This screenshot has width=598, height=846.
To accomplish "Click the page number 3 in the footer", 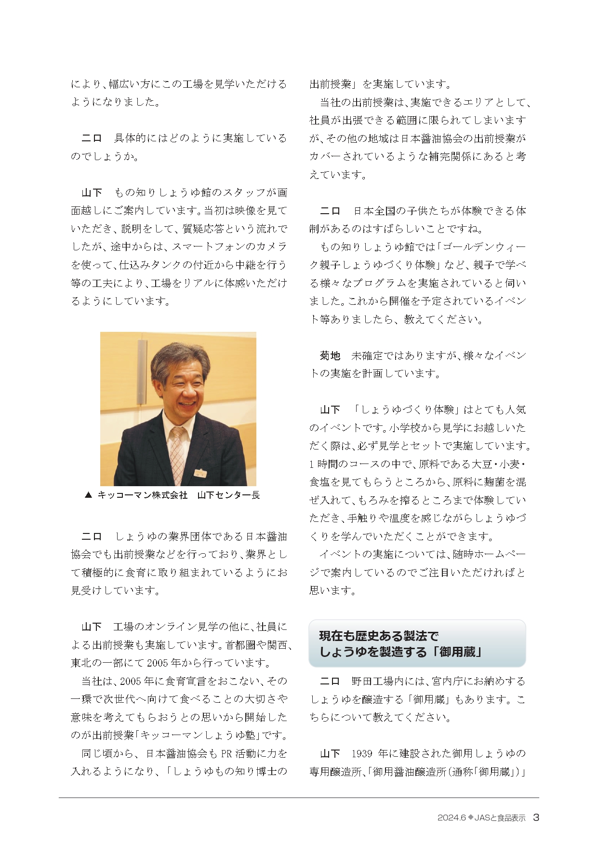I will [x=536, y=818].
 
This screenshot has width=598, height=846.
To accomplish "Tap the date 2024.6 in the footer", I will [x=451, y=818].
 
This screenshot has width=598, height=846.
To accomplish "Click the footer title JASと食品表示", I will [x=500, y=818].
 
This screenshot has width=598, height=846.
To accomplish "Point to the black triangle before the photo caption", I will [x=88, y=495].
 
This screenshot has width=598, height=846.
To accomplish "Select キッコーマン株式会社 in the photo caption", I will [x=142, y=495].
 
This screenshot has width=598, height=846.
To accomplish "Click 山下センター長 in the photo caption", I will [x=228, y=495].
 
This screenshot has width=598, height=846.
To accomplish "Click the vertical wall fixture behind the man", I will [x=141, y=371].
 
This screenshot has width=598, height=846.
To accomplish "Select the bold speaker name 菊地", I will [x=330, y=355].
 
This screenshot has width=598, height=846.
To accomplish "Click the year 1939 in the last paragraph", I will [x=362, y=753].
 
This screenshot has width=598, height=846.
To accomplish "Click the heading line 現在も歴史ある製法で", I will [x=379, y=636].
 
